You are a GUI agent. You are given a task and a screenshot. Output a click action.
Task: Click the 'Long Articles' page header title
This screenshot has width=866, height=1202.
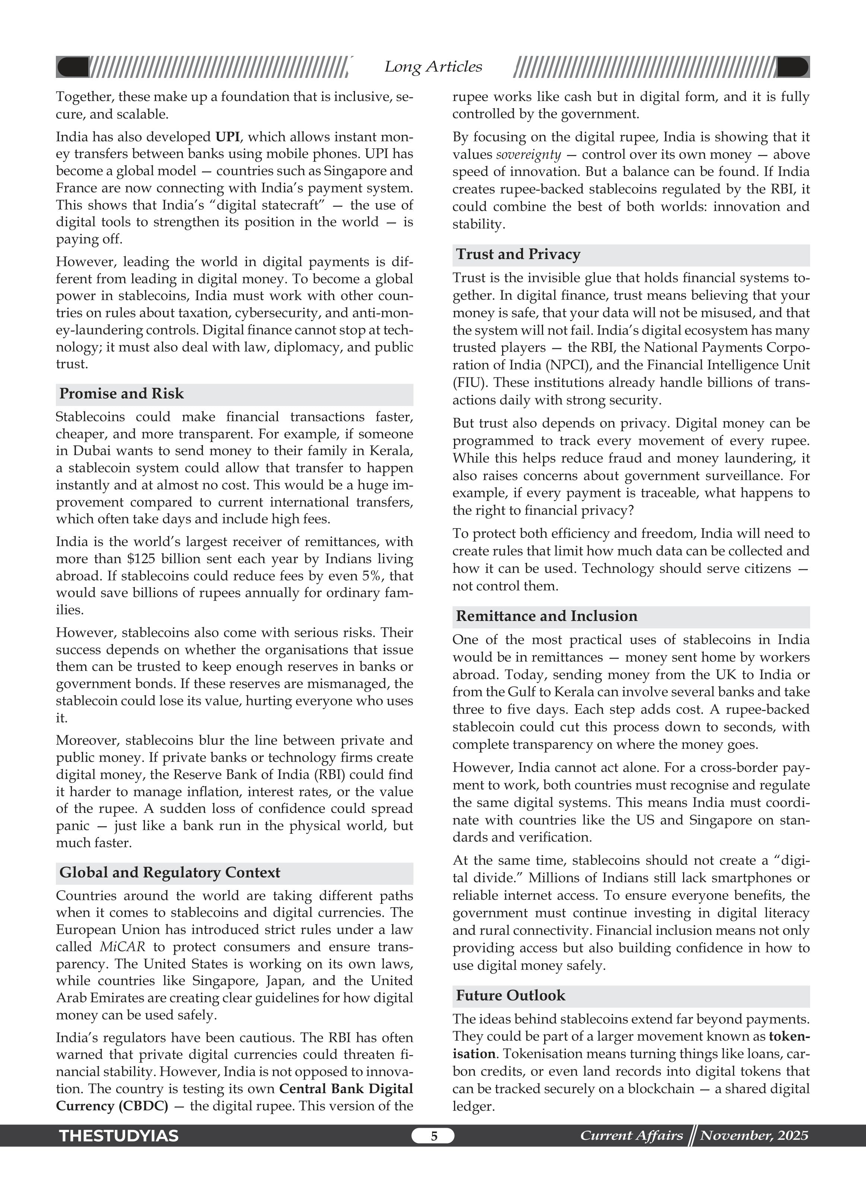pos(433,67)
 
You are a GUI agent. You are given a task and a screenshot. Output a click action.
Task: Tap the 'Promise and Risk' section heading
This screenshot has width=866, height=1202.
pos(121,394)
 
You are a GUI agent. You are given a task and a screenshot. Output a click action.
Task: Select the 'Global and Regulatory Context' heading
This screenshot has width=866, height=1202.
pos(169,873)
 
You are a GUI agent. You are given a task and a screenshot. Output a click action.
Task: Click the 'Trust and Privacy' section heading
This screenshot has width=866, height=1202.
pos(518,255)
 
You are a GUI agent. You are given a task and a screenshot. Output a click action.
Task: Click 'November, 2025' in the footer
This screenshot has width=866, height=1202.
pos(754,1136)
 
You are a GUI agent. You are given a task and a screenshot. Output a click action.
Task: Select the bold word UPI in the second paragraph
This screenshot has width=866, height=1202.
pos(227,137)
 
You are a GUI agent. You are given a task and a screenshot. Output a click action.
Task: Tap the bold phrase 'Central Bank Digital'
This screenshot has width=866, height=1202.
pos(345,1089)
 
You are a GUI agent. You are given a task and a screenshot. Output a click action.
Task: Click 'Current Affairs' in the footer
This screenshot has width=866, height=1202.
pos(631,1136)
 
